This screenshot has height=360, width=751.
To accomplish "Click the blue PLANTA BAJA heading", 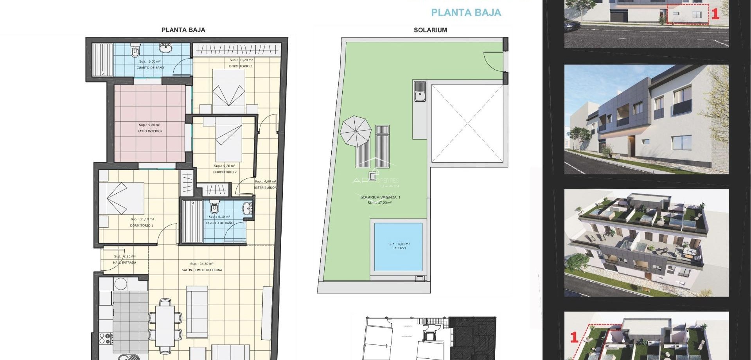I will [465, 13].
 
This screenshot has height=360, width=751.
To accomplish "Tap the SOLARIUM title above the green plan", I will [430, 30].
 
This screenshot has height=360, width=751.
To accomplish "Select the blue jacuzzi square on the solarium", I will [398, 247].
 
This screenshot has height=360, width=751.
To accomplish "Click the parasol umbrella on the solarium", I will [355, 131].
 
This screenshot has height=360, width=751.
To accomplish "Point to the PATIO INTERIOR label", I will [150, 131].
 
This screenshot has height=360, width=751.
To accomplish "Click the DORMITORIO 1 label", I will [142, 225].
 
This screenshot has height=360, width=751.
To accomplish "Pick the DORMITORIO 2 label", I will [225, 172].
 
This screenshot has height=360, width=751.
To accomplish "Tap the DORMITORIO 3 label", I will [241, 66].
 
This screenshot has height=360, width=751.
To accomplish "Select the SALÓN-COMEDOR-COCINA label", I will [202, 270].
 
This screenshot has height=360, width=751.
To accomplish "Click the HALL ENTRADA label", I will [124, 263].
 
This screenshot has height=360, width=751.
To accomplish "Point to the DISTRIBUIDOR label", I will [265, 187].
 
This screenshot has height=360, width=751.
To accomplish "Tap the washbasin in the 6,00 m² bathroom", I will [165, 49].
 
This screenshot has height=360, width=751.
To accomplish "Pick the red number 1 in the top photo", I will [715, 14].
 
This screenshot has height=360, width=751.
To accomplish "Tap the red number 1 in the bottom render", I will [574, 337].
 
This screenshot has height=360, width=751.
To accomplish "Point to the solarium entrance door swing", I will [494, 61].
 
